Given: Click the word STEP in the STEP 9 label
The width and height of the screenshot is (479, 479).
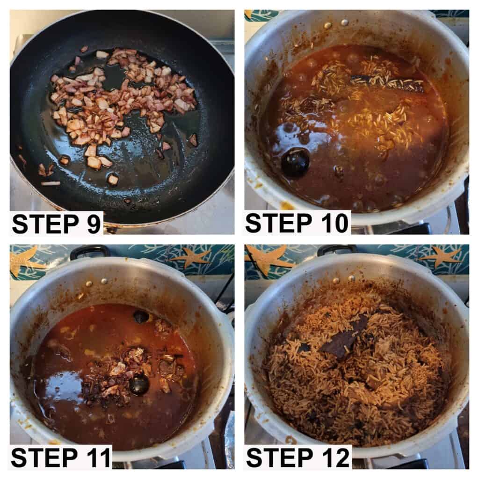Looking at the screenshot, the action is click(x=46, y=224).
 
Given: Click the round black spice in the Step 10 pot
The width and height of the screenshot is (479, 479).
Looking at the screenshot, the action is click(x=295, y=162).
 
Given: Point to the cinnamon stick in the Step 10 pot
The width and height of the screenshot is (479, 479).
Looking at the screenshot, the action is click(x=388, y=82).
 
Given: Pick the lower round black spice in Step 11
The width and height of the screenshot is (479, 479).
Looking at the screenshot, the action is click(x=139, y=385).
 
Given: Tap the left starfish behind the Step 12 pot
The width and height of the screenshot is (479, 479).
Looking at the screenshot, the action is click(x=269, y=257).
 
